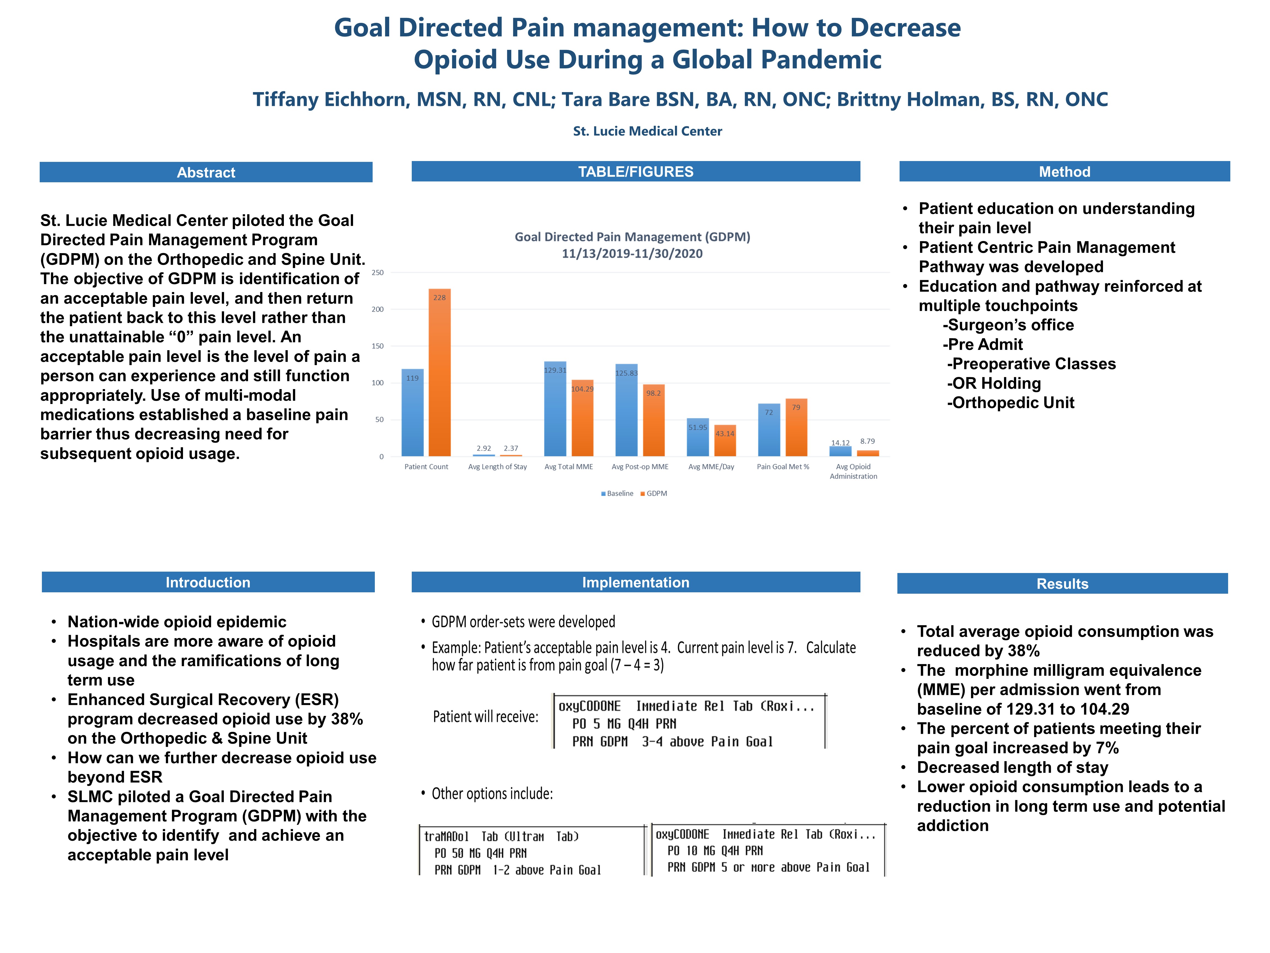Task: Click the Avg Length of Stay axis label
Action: pyautogui.click(x=497, y=467)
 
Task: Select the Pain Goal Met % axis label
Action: pyautogui.click(x=782, y=467)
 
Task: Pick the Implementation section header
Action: pyautogui.click(x=636, y=582)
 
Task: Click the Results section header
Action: pyautogui.click(x=1062, y=584)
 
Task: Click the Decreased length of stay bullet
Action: pyautogui.click(x=1012, y=767)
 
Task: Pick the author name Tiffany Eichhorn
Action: pyautogui.click(x=330, y=99)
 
